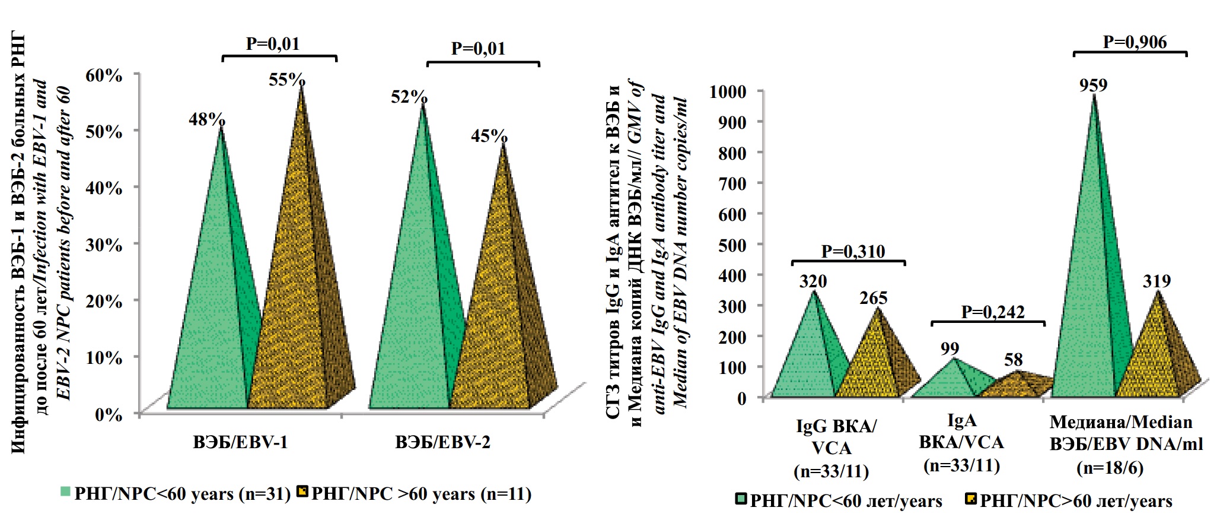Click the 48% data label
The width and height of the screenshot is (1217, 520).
(x=206, y=119)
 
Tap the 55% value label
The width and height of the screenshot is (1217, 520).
(x=287, y=80)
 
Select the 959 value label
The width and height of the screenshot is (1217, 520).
(x=1093, y=85)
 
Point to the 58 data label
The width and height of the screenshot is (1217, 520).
(x=1014, y=360)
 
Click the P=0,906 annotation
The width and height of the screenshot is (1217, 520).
(x=1135, y=42)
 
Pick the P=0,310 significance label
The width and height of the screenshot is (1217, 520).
(x=853, y=251)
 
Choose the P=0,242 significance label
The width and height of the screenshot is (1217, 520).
(x=993, y=312)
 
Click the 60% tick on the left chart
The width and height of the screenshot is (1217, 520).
(x=104, y=75)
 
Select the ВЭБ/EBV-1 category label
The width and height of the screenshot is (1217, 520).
(x=240, y=442)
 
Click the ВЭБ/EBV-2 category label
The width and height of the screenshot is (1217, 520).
(x=442, y=442)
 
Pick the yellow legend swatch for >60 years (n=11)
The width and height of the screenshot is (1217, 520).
(x=302, y=492)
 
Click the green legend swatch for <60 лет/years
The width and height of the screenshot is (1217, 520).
(x=740, y=499)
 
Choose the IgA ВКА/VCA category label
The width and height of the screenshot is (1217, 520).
(x=961, y=442)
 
